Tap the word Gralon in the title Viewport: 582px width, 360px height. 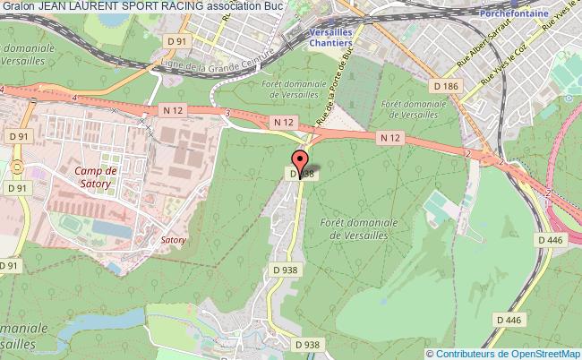coord(15,6)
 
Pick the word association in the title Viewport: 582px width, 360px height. coord(241,6)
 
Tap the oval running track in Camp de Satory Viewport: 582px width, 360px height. coord(68,220)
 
